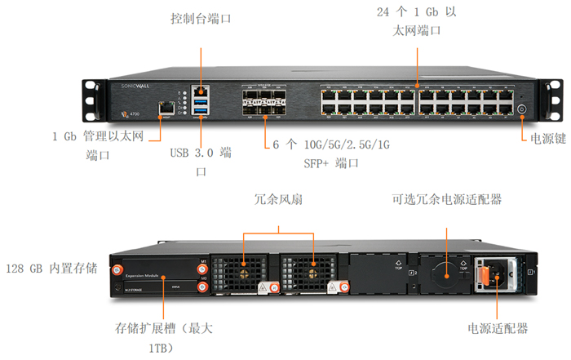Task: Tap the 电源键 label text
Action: tap(548, 138)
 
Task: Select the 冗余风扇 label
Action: tap(277, 199)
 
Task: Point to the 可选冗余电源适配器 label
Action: tap(446, 199)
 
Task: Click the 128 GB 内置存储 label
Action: tap(51, 269)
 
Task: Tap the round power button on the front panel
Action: tap(523, 108)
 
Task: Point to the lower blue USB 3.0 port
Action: tap(201, 112)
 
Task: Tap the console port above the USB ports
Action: tap(201, 87)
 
